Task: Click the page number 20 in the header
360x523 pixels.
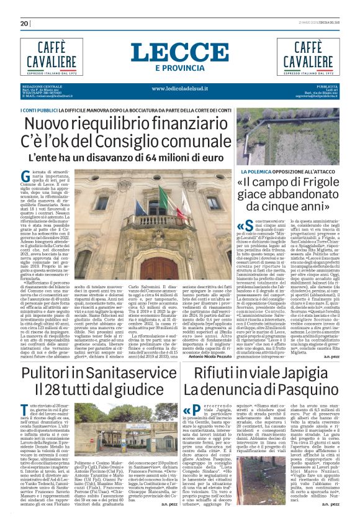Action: pyautogui.click(x=24, y=24)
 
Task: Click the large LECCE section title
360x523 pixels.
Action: pyautogui.click(x=179, y=53)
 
